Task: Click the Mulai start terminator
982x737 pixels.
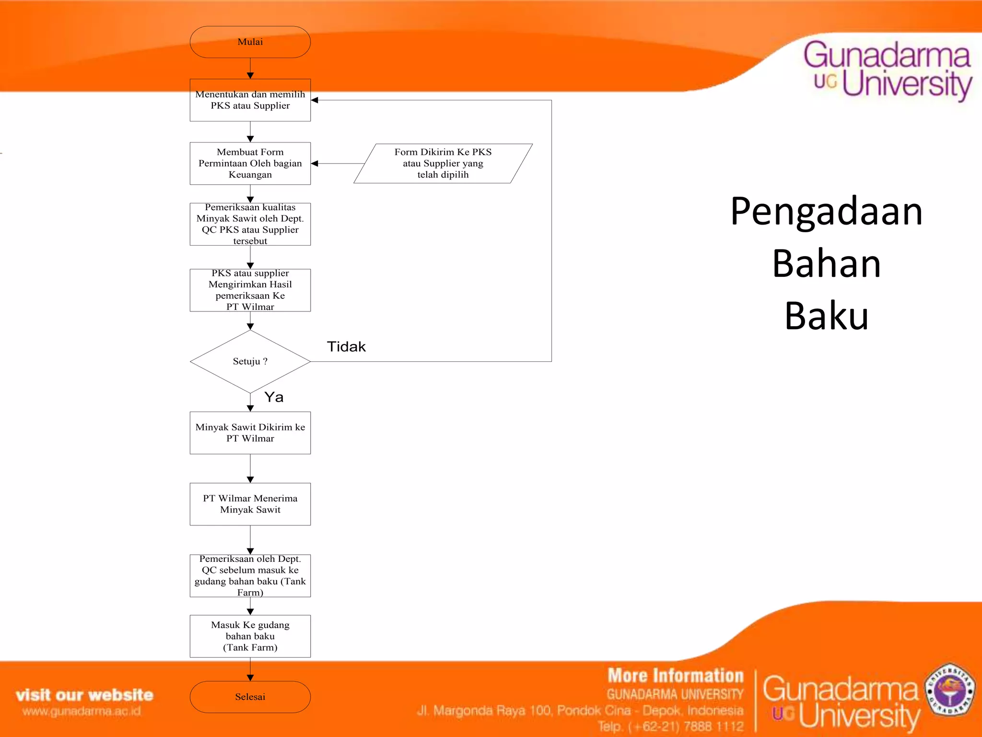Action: pos(250,42)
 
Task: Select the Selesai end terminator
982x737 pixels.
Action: pos(250,697)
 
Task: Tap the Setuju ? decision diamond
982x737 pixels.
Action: pos(250,361)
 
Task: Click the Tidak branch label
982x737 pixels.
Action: pos(346,346)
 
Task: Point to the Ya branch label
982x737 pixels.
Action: pos(274,397)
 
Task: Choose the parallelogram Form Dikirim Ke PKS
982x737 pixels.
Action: pos(443,164)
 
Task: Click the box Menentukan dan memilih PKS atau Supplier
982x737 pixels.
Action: pos(250,100)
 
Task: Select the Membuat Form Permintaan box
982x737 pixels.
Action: pos(250,164)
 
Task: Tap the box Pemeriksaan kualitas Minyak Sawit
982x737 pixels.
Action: pos(250,224)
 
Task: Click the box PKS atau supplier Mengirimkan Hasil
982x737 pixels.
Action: pos(250,290)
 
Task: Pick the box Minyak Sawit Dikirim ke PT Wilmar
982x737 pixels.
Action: pos(250,433)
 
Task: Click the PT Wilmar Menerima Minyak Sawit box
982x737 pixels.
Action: pos(250,504)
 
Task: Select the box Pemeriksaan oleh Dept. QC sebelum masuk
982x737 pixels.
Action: pos(250,575)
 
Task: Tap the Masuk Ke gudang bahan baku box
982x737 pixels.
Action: pos(250,636)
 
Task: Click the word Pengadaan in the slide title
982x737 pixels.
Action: pos(826,212)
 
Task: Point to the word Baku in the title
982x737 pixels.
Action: pos(826,316)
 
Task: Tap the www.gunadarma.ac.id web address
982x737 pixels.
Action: pos(82,711)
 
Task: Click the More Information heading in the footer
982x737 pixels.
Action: pos(675,676)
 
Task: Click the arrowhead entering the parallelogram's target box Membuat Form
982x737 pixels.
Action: pos(315,164)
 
